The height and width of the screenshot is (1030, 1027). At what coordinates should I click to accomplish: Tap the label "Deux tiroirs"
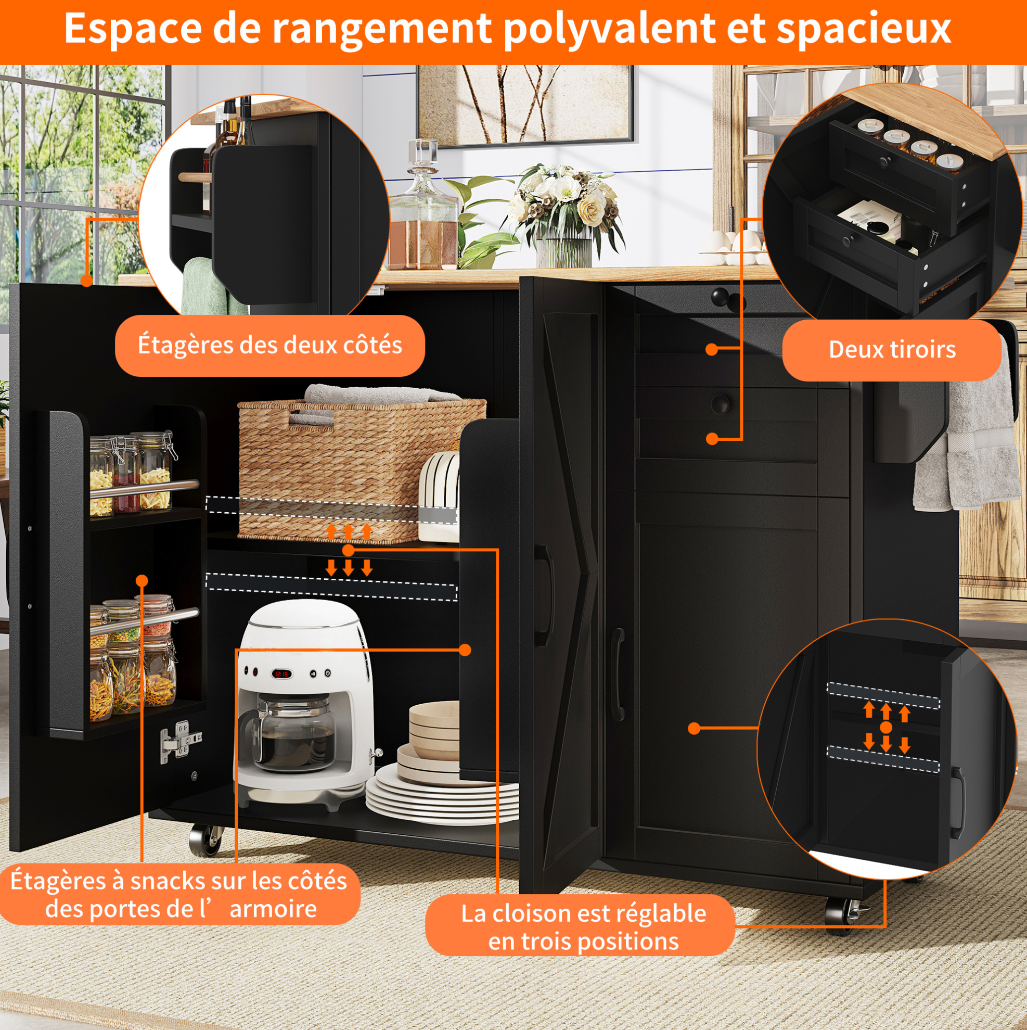pyautogui.click(x=892, y=350)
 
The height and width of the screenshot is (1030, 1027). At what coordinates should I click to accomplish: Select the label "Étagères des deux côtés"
pyautogui.click(x=269, y=345)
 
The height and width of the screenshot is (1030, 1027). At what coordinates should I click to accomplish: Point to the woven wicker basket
pyautogui.click(x=362, y=469)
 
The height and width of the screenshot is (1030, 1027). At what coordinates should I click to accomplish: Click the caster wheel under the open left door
pyautogui.click(x=204, y=841)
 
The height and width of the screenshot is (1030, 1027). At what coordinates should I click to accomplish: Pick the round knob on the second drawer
pyautogui.click(x=720, y=403)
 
